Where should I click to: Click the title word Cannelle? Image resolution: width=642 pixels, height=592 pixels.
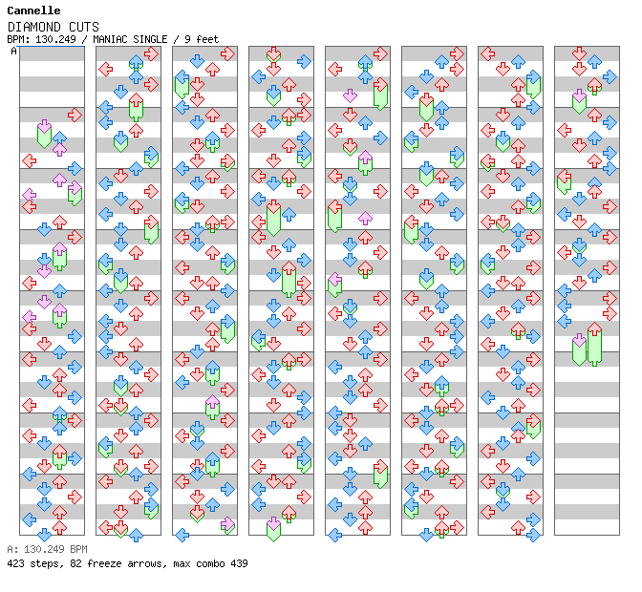[34, 11]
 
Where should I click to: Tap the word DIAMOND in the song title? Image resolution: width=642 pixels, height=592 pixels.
[34, 27]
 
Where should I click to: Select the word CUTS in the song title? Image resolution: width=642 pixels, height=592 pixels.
[84, 27]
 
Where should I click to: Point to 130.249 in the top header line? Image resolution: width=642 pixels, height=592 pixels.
[55, 39]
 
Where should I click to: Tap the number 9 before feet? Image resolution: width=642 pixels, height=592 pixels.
[187, 39]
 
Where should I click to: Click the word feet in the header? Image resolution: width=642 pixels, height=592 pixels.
[207, 39]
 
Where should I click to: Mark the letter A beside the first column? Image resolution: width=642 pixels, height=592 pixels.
[14, 52]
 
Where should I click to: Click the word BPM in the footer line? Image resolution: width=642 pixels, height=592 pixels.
[78, 549]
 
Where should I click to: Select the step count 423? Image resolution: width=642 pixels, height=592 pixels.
[15, 563]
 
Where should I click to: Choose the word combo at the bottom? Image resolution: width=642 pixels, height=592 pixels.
[210, 563]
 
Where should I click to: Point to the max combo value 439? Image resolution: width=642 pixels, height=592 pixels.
[239, 563]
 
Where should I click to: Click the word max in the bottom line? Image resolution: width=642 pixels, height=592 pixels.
[182, 563]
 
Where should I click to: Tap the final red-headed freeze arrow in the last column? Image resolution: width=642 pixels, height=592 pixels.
[594, 344]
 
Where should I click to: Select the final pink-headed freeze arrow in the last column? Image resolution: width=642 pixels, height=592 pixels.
[579, 349]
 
